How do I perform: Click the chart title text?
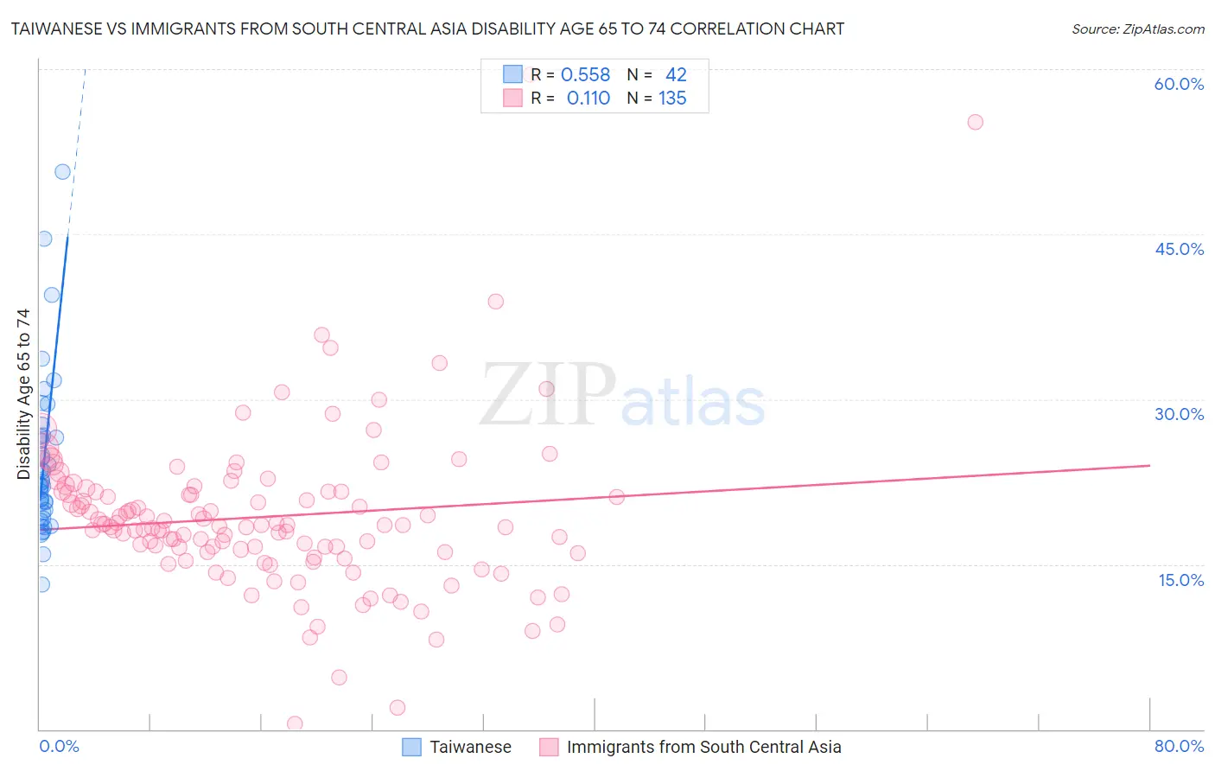click(x=428, y=29)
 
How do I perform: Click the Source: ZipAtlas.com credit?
click(x=1137, y=29)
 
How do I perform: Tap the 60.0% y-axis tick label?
click(x=1179, y=84)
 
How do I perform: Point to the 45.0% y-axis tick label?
click(x=1179, y=249)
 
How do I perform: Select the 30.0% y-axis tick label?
click(x=1179, y=414)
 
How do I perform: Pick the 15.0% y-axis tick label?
click(x=1180, y=580)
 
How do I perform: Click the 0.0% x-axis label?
click(x=59, y=746)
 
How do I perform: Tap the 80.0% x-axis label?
click(x=1179, y=746)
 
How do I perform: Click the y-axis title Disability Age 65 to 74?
click(x=23, y=394)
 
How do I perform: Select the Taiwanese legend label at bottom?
click(x=470, y=747)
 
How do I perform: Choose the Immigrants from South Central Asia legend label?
click(x=703, y=747)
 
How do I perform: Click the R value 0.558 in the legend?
click(x=585, y=75)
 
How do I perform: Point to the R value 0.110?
click(x=588, y=99)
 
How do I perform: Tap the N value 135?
click(x=672, y=99)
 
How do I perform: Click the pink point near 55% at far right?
click(x=975, y=122)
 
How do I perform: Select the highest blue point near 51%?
click(x=62, y=172)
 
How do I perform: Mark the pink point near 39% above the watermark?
click(x=495, y=302)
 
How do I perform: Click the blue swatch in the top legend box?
click(x=512, y=75)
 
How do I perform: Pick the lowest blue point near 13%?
click(x=41, y=584)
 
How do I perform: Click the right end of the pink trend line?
click(x=1149, y=465)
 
